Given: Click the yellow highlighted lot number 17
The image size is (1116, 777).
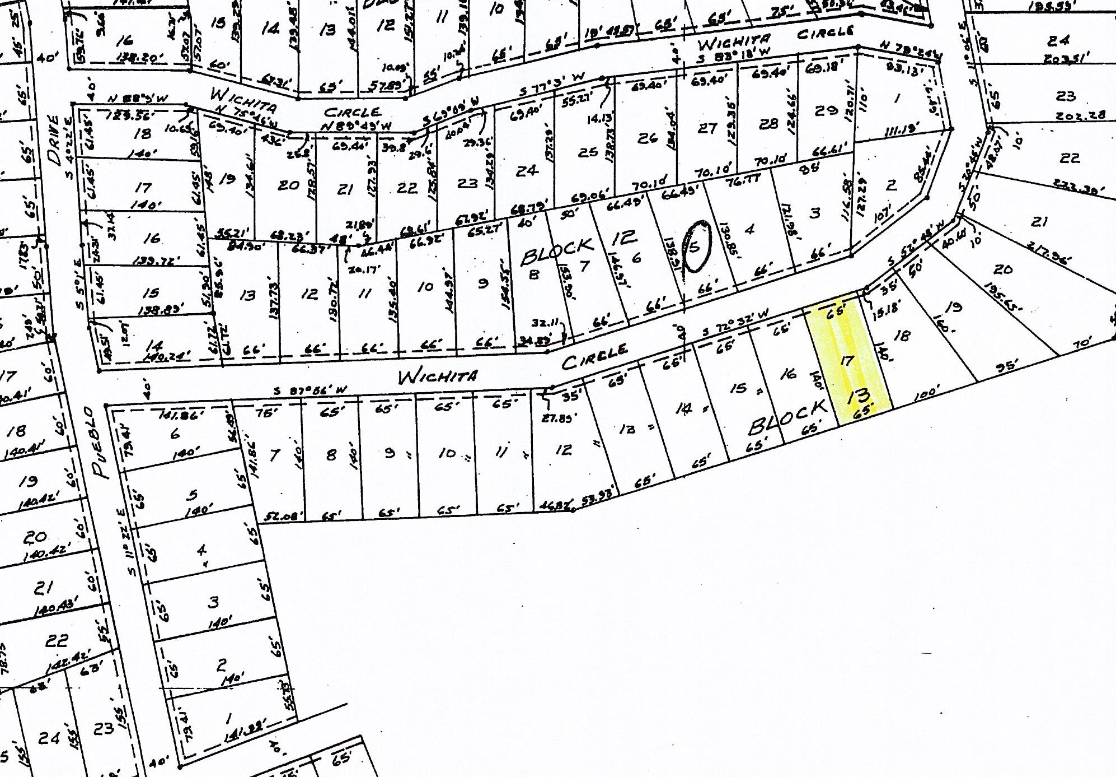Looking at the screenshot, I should click(847, 361).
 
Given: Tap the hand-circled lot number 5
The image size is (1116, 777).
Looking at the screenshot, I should click(696, 246).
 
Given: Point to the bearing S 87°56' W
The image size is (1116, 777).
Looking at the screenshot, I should click(311, 390).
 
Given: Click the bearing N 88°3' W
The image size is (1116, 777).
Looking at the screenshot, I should click(137, 99).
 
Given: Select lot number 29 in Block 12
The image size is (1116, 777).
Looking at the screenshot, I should click(826, 110).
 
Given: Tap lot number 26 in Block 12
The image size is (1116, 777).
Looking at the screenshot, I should click(647, 137).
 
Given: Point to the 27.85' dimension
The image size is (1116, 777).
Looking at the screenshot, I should click(557, 417).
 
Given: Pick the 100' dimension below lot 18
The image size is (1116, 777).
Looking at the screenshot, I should click(925, 393).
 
